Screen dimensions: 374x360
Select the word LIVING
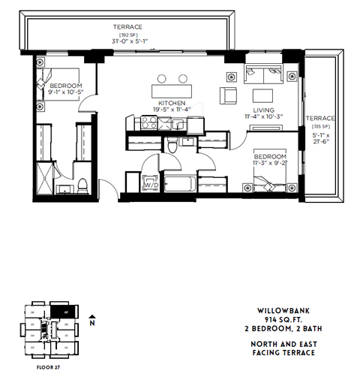tap(262, 108)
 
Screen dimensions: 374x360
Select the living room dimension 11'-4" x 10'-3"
tap(262, 116)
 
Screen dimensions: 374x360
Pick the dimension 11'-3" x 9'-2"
tap(270, 160)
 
